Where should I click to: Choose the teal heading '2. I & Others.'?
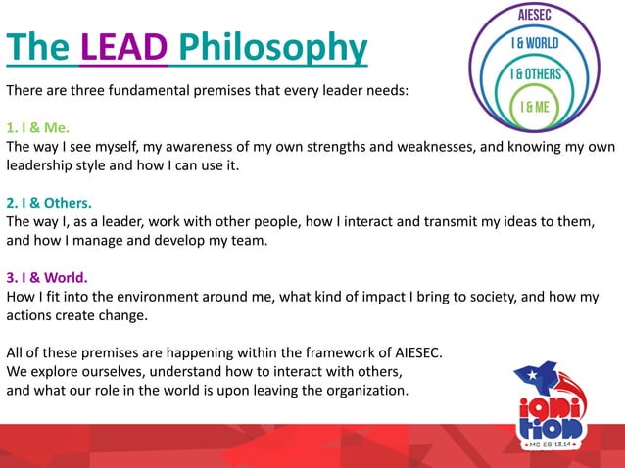(x=49, y=204)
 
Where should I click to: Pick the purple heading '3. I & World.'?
(x=47, y=278)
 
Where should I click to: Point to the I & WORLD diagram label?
(x=539, y=43)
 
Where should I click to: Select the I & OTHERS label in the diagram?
(x=539, y=74)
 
